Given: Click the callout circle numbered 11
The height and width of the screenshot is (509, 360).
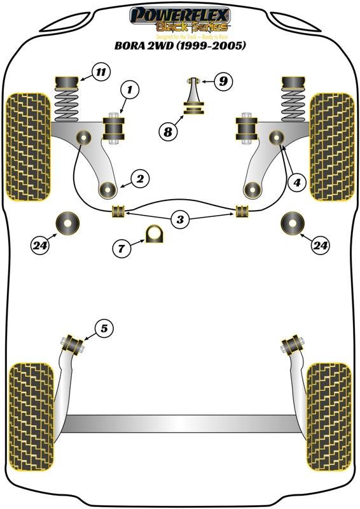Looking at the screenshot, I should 100,72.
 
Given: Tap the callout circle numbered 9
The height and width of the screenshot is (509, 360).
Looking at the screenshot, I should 223,81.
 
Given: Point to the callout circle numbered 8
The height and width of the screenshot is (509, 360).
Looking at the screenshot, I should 168,132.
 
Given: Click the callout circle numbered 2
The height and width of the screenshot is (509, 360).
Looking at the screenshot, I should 139,179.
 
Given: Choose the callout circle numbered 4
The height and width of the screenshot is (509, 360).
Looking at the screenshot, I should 296,183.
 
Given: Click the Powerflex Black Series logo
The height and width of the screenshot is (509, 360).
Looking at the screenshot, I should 179,20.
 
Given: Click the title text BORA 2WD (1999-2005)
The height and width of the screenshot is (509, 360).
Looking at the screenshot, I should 179,46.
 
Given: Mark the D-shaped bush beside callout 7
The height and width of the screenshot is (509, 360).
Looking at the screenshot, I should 154,234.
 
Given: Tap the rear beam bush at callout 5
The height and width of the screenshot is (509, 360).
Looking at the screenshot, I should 74,343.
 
